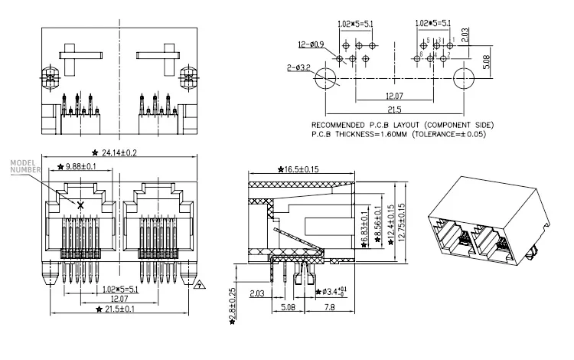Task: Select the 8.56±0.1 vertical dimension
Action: pyautogui.click(x=377, y=221)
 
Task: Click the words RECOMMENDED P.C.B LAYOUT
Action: pyautogui.click(x=363, y=125)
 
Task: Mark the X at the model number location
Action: pyautogui.click(x=82, y=204)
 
